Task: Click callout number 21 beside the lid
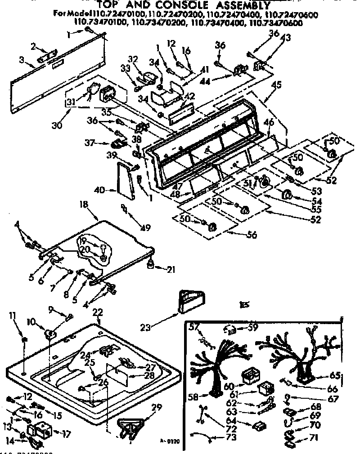point(171,270)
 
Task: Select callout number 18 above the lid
point(84,204)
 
